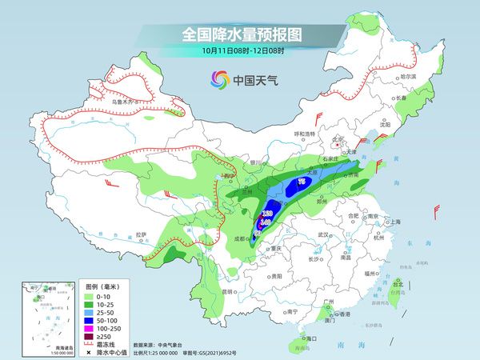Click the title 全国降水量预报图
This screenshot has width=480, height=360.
pos(239,34)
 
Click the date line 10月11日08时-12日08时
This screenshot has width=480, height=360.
pos(239,50)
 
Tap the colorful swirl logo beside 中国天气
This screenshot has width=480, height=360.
pos(218,79)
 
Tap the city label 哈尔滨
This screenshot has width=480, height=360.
pos(409,75)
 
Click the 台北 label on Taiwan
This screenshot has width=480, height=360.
pos(398,282)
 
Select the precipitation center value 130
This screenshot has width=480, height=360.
pos(267,214)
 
